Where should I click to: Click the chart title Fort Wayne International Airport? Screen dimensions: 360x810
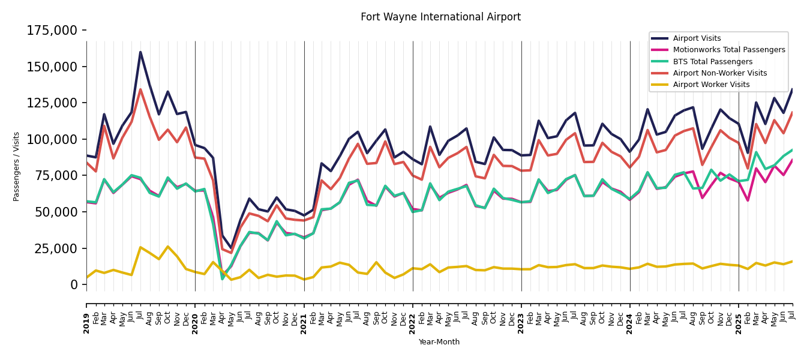tap(440, 17)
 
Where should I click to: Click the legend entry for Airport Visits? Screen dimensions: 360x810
tap(697, 38)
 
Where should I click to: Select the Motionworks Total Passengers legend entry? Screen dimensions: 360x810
tap(728, 50)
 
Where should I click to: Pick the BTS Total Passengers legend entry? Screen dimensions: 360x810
tap(712, 62)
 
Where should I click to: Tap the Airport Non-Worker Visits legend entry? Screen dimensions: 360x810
tap(719, 73)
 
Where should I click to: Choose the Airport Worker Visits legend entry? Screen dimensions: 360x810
tap(711, 85)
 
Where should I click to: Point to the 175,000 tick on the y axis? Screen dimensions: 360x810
tap(52, 30)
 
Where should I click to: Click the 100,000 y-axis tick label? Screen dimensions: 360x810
tap(52, 139)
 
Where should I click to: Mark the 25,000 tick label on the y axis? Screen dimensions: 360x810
tap(55, 248)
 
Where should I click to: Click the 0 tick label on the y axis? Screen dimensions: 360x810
tap(74, 284)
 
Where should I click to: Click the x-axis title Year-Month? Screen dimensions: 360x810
tap(439, 342)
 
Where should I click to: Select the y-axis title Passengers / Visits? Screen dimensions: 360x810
tap(17, 166)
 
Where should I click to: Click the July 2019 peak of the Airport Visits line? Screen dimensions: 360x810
tap(140, 52)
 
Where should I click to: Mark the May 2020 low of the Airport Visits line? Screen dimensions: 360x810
tap(231, 248)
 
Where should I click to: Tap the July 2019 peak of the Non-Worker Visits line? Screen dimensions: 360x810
tap(140, 89)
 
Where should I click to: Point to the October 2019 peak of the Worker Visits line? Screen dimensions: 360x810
tap(168, 247)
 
